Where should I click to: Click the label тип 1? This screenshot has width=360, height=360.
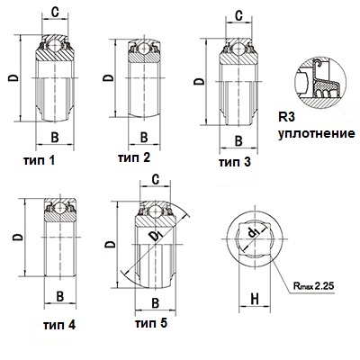tap(40, 160)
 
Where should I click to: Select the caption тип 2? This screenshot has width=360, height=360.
tap(134, 157)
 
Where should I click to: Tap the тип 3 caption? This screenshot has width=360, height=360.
tap(235, 162)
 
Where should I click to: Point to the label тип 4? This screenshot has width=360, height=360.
tap(59, 325)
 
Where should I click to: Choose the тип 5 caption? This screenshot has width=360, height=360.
tap(151, 323)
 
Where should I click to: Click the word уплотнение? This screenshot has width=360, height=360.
tap(317, 133)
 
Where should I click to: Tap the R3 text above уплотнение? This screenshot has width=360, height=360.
tap(286, 117)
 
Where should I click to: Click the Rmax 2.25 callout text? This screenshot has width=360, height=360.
tap(313, 286)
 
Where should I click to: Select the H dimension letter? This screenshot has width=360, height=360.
tap(255, 299)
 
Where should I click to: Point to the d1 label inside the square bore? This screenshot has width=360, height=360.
tap(254, 232)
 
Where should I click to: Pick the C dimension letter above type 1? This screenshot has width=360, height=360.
tap(55, 12)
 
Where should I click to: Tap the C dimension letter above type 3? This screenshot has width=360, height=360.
tap(238, 16)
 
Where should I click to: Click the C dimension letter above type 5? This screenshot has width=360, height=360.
tap(155, 180)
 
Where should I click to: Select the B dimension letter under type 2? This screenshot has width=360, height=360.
tap(144, 138)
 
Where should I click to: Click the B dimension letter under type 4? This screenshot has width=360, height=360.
tap(60, 297)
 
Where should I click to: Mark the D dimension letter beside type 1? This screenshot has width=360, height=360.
tap(13, 77)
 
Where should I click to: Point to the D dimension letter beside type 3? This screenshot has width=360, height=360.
tap(199, 81)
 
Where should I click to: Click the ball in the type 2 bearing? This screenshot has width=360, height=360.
tap(145, 49)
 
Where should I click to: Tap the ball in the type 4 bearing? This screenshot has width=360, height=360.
tap(60, 208)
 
